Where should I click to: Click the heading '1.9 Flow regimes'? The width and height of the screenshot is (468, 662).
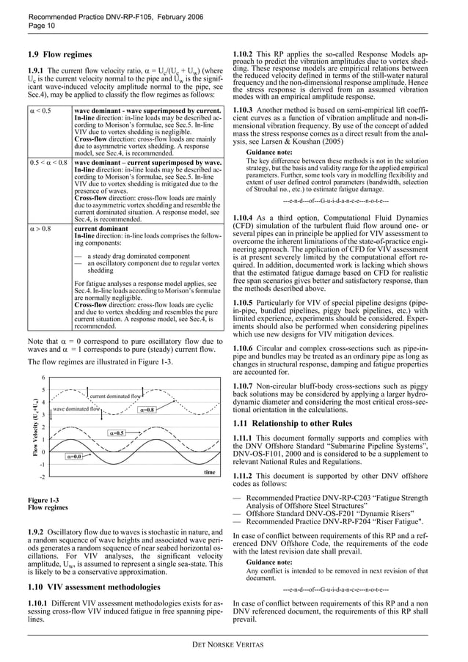point(59,55)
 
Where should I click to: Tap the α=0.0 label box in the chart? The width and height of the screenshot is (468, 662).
point(74,457)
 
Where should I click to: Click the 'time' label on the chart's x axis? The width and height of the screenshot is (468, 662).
point(209,472)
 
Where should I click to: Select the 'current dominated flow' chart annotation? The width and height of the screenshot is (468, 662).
point(115,396)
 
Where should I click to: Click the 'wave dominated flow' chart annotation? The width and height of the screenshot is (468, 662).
point(76,408)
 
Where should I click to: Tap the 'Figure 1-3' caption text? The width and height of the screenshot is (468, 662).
point(44,501)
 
